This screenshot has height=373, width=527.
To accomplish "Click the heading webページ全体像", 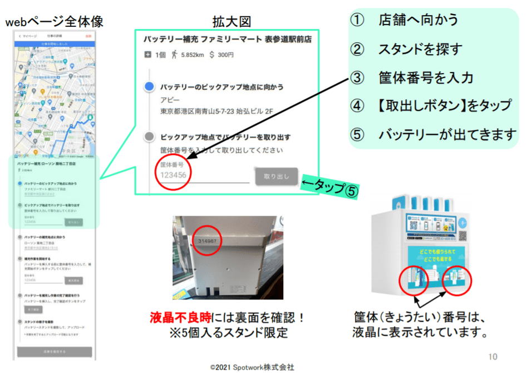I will (55, 22).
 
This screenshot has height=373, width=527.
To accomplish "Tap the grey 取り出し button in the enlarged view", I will (277, 176).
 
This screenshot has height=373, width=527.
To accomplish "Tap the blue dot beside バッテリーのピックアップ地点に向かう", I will (149, 87).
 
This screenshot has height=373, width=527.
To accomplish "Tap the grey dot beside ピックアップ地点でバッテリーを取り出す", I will (149, 137).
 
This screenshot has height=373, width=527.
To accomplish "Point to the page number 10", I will (492, 357).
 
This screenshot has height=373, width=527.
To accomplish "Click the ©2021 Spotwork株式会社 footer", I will (252, 367).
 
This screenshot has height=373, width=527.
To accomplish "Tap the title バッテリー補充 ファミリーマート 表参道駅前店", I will (227, 40).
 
